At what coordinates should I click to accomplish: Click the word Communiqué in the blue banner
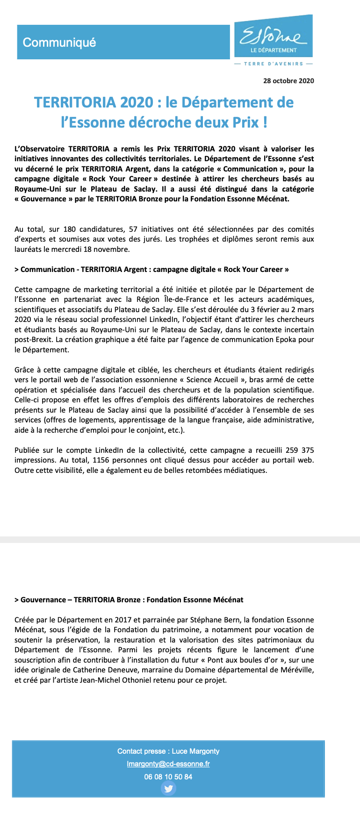click(x=59, y=43)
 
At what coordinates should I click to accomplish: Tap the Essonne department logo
click(x=274, y=36)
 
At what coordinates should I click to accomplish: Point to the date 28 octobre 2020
click(x=288, y=81)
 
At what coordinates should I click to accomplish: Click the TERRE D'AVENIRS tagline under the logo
click(x=274, y=64)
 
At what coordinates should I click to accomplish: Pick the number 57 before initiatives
click(x=133, y=229)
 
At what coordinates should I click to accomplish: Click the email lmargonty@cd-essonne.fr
click(x=168, y=764)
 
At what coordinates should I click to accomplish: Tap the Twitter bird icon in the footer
click(x=168, y=789)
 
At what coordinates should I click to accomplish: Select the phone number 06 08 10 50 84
click(x=168, y=777)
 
